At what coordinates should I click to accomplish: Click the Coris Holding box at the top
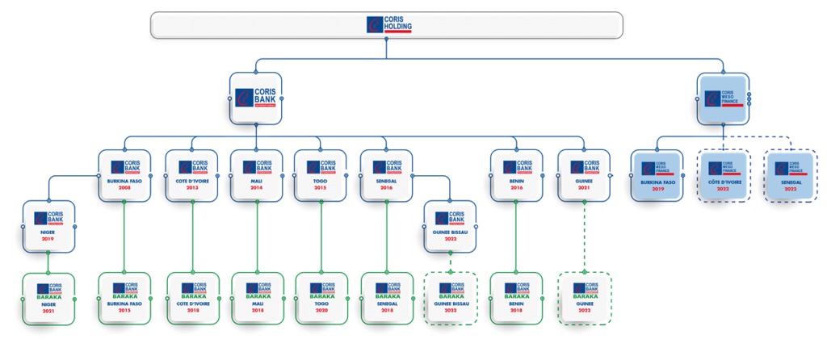(x=386, y=25)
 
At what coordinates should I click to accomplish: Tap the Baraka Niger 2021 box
(x=47, y=298)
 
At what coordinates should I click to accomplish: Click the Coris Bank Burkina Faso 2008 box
(x=124, y=176)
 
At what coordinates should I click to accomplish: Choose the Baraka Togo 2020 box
(x=321, y=297)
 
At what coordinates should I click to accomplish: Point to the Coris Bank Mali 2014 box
(x=256, y=176)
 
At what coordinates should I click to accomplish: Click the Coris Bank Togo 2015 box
(x=321, y=176)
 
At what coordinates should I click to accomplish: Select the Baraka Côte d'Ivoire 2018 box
(x=192, y=297)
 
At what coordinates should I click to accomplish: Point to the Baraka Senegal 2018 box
(x=388, y=297)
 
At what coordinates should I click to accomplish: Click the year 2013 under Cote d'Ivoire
(x=192, y=188)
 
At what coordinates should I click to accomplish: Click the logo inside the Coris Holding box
(x=376, y=25)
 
